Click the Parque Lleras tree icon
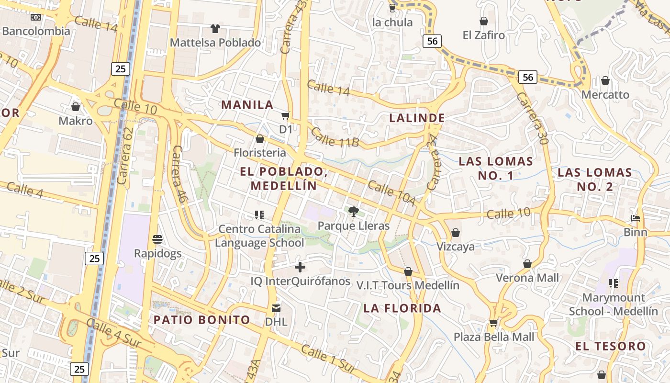354,211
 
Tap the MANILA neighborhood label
247,105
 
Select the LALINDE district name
417,118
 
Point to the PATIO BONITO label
202,320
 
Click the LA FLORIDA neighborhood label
402,308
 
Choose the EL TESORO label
611,346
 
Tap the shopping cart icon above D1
286,115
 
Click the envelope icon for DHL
276,308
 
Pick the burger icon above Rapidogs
157,239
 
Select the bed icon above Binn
636,218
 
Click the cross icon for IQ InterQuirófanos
300,267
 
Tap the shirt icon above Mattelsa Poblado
215,29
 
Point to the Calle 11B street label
335,136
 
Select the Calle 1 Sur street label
328,359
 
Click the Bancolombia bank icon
36,17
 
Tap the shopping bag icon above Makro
76,106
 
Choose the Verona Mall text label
527,278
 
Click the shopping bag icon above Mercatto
605,80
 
